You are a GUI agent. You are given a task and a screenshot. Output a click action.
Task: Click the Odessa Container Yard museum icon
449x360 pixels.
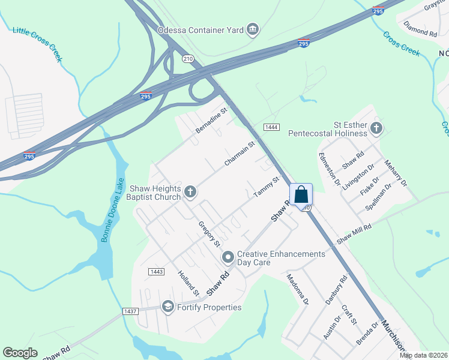click(x=253, y=29)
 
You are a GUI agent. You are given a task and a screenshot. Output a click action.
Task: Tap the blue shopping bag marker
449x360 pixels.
click(x=301, y=194)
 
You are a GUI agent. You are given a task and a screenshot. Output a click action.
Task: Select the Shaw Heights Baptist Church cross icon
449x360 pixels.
click(x=190, y=192)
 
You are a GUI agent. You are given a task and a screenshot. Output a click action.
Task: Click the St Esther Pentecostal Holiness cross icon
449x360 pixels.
click(x=376, y=127)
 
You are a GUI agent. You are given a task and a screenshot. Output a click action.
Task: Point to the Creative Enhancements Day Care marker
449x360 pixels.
click(x=228, y=258)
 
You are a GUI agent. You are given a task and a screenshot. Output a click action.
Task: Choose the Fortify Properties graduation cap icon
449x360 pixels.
click(x=167, y=307)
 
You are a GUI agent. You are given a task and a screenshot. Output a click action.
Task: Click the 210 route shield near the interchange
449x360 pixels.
click(x=188, y=58)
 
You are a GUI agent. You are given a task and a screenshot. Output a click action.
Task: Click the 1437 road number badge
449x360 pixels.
click(x=130, y=311)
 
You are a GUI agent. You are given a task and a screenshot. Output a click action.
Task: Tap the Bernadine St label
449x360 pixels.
click(x=212, y=120)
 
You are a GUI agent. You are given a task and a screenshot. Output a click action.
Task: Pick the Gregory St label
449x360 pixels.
click(x=210, y=234)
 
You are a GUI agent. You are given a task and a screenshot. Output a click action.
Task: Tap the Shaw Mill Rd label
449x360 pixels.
click(x=354, y=233)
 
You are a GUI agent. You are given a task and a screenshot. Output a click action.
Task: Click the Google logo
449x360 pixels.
click(x=20, y=353)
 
